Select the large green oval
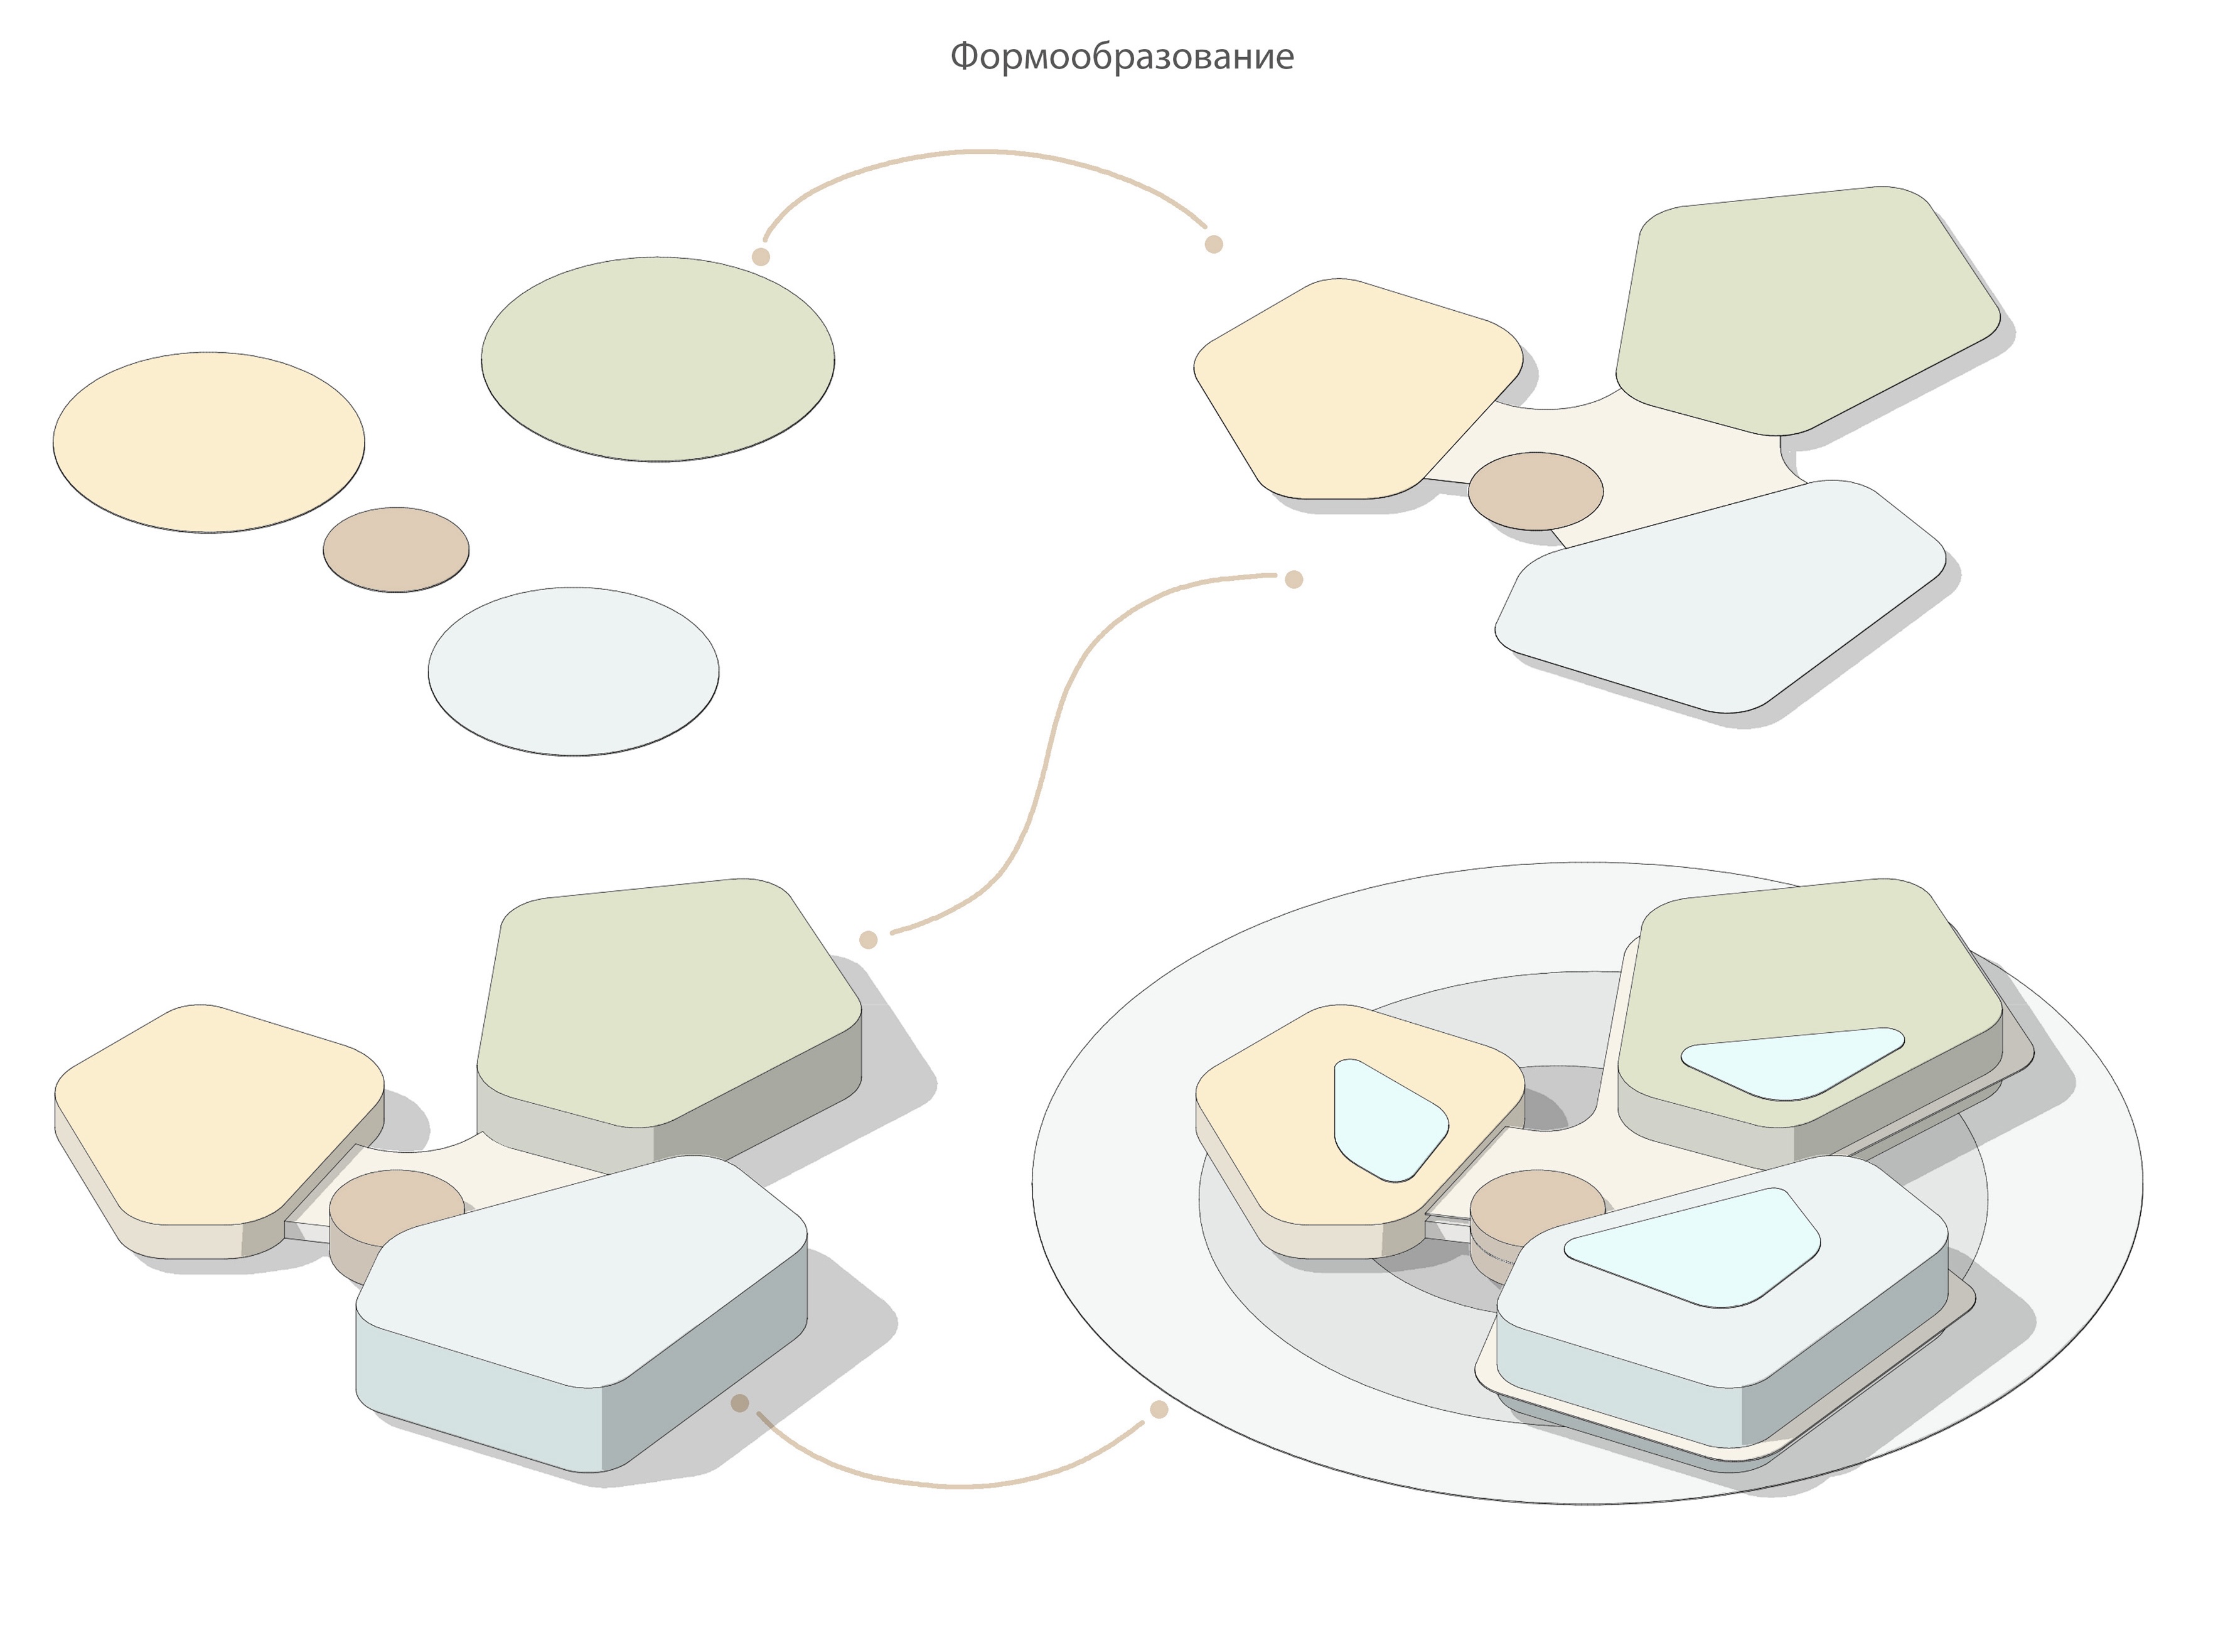pos(657,359)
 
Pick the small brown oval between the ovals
pos(396,549)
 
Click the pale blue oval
pos(574,671)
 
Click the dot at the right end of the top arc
pos(1214,244)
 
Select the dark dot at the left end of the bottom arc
pos(739,1403)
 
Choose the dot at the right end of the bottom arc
pos(1159,1410)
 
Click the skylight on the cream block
pos(1390,1120)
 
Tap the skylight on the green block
pos(1792,1063)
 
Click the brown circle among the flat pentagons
pos(1535,491)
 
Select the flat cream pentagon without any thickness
pos(1358,389)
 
